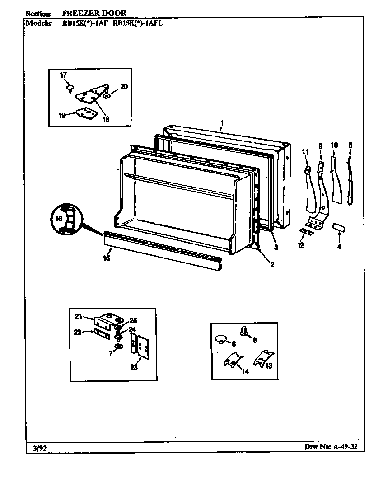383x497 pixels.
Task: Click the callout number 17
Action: [63, 75]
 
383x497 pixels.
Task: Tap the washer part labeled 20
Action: [106, 96]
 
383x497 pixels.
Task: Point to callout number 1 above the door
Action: [222, 123]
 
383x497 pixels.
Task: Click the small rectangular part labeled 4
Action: [339, 227]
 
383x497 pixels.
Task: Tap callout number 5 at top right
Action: [350, 145]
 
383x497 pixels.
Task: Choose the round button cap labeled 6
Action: [220, 339]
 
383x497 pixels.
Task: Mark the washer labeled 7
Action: [119, 346]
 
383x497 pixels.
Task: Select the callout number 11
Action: [305, 151]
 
